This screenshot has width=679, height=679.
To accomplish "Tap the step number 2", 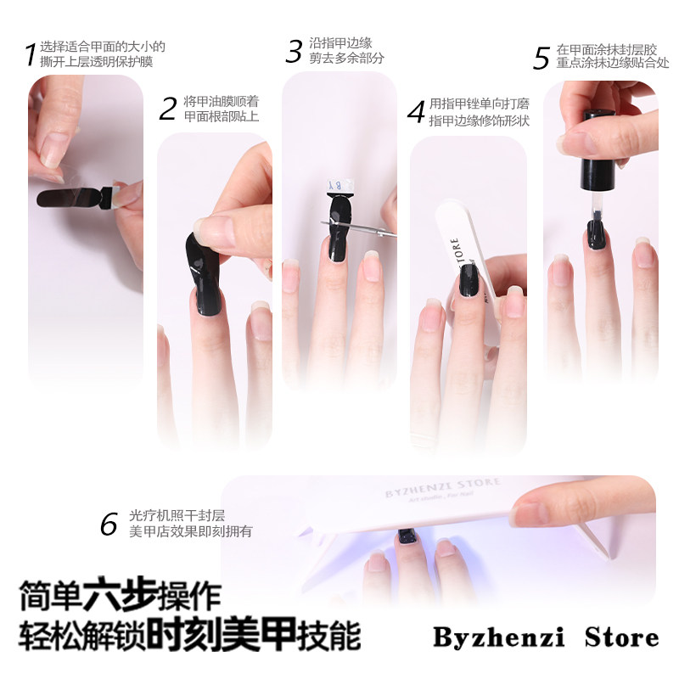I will coord(168,109).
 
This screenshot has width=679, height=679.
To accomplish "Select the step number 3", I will coord(294,51).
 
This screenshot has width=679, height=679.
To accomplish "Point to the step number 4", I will coord(416,112).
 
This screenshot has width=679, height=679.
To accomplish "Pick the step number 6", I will coord(109,524).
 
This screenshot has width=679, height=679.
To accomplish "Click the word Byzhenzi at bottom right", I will coord(498,637).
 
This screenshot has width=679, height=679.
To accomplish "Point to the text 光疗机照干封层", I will coord(177,515).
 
